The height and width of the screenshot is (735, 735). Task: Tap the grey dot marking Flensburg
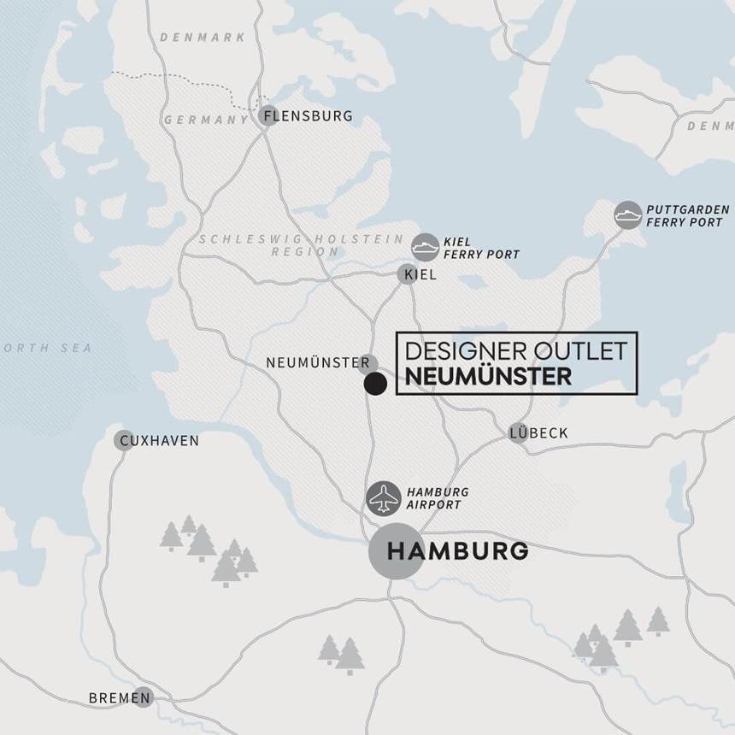click(268, 116)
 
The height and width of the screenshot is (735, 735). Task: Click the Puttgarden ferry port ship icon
click(628, 215)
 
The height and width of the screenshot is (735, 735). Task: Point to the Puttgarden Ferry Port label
click(687, 215)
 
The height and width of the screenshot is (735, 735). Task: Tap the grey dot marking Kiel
click(407, 274)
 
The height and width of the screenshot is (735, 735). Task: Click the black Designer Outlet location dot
click(375, 384)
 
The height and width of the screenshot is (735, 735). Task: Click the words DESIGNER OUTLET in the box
click(516, 350)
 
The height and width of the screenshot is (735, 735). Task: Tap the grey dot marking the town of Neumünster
click(368, 363)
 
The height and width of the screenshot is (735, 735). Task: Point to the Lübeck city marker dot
click(518, 432)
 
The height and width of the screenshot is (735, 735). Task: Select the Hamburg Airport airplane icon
click(383, 499)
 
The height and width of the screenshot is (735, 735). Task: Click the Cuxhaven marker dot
click(124, 441)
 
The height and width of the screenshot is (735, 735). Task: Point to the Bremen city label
click(109, 698)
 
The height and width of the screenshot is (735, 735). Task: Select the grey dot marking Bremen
click(143, 697)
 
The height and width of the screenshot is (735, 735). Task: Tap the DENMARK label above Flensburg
click(203, 38)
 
